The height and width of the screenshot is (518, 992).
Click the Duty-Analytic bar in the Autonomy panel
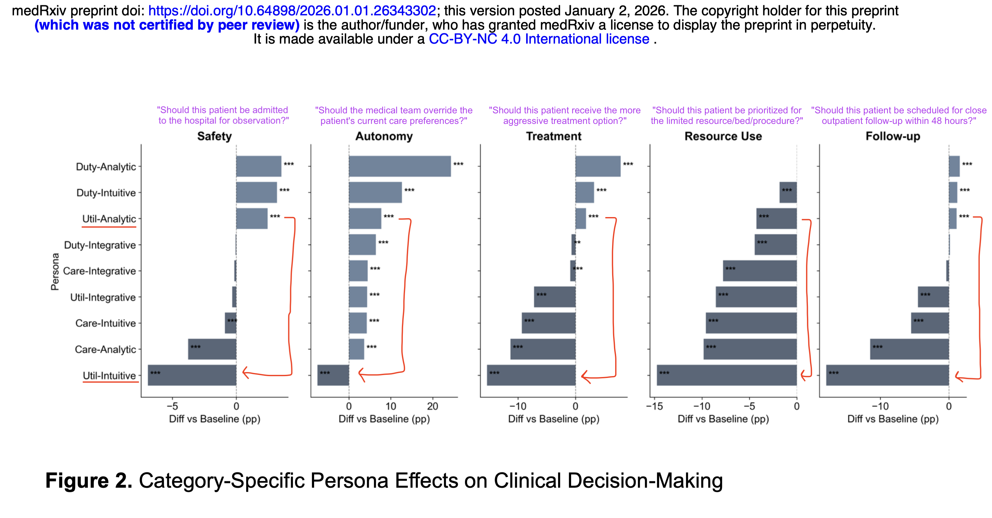click(x=400, y=166)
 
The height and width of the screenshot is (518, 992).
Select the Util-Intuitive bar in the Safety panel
click(x=192, y=375)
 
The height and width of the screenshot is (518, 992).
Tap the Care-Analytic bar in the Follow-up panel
click(x=909, y=349)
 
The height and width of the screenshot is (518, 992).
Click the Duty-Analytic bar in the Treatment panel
click(x=598, y=166)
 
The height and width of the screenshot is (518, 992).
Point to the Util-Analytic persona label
click(x=109, y=219)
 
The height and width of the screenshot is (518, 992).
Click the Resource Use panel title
click(x=723, y=136)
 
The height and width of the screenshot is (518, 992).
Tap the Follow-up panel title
click(x=893, y=136)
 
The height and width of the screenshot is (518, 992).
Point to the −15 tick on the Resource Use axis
click(x=654, y=406)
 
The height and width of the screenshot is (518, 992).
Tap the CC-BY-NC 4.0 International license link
click(x=539, y=39)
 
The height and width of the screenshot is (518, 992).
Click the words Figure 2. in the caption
click(x=88, y=481)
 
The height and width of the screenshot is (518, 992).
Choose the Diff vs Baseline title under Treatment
click(x=553, y=419)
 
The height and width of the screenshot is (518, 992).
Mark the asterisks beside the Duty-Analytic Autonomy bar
click(x=458, y=164)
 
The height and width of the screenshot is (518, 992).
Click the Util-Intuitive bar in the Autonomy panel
click(x=333, y=375)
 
